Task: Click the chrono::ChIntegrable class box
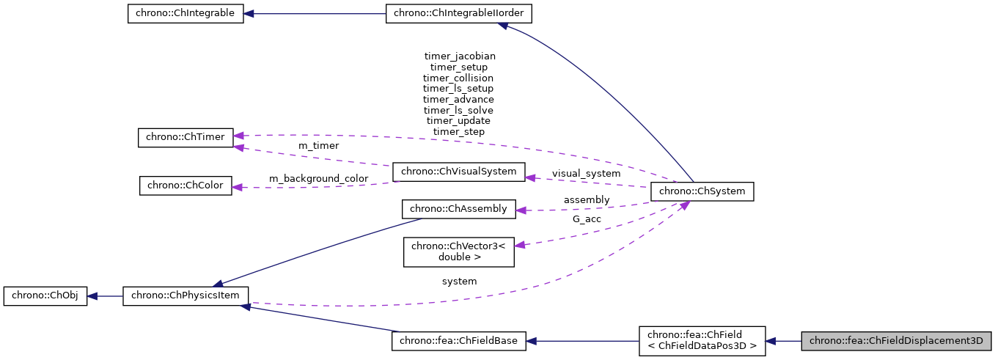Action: (x=185, y=14)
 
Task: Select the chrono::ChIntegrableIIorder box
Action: (x=458, y=14)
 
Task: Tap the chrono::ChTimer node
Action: (x=186, y=137)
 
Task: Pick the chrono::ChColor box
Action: (x=186, y=185)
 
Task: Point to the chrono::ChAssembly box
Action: (x=459, y=209)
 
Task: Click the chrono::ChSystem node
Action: (x=702, y=191)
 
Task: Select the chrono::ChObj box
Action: (x=45, y=296)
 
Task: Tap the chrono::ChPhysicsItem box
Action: (x=186, y=296)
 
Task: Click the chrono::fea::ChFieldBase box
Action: (x=459, y=341)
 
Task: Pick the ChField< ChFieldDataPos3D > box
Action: (x=702, y=341)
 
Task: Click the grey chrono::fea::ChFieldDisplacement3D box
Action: (x=896, y=341)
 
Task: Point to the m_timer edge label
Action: (x=318, y=146)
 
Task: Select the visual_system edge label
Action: (x=586, y=174)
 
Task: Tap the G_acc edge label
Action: (x=587, y=218)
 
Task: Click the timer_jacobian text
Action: (x=460, y=56)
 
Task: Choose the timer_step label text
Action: (x=459, y=131)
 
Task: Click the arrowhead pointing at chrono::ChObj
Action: (x=92, y=296)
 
